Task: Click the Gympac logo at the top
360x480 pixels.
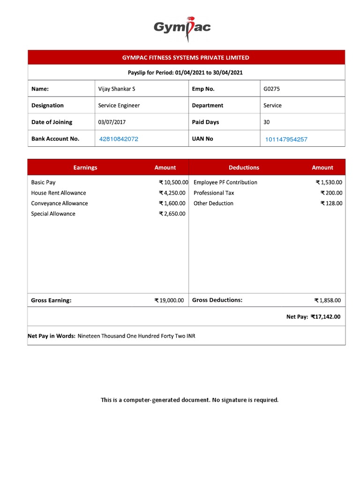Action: [182, 27]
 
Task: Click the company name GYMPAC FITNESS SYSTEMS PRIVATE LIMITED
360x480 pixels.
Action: [186, 58]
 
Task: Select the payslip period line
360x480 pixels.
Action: [185, 73]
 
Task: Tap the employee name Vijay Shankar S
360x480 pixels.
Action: [117, 89]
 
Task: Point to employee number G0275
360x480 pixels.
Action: [271, 89]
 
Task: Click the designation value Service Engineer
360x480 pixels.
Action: [119, 105]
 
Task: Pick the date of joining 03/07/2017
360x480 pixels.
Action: [112, 122]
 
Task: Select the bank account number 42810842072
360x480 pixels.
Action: [119, 139]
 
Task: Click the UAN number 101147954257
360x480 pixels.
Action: [286, 139]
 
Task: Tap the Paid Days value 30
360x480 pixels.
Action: [267, 122]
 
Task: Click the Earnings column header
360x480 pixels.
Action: [85, 167]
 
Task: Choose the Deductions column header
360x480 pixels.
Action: [244, 167]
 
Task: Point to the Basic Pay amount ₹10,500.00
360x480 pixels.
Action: [173, 182]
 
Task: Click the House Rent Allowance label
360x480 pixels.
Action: [59, 193]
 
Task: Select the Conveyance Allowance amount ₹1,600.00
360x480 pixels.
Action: [172, 203]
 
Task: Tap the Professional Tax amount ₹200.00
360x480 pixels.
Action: [331, 193]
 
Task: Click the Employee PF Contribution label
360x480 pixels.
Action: [225, 182]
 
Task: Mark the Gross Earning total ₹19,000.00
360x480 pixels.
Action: [169, 300]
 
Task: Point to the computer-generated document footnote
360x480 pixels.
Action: [189, 400]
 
